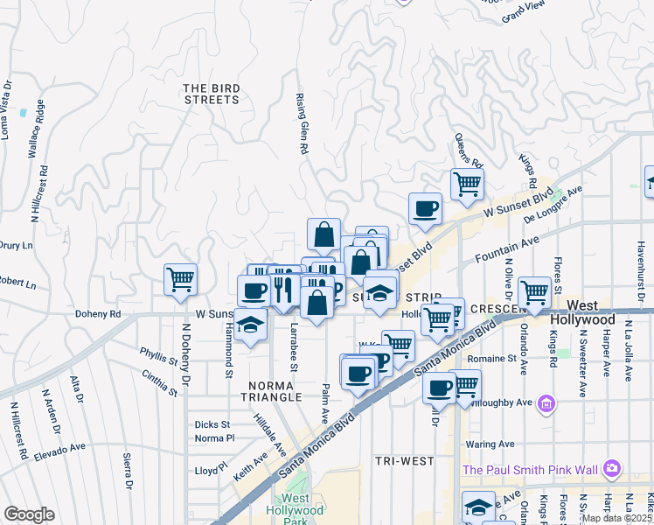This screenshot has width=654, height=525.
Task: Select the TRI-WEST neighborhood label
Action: point(399,460)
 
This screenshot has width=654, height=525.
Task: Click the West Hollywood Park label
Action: point(303,511)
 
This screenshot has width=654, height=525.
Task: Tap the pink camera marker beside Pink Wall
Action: point(612,469)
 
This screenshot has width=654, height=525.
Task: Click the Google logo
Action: point(29,514)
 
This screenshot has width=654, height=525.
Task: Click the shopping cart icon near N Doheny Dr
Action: point(180,280)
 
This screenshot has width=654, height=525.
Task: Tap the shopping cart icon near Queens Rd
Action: point(467,184)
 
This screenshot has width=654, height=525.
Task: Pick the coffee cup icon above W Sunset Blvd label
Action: point(426,208)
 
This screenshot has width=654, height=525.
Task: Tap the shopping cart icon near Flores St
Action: point(533,292)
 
